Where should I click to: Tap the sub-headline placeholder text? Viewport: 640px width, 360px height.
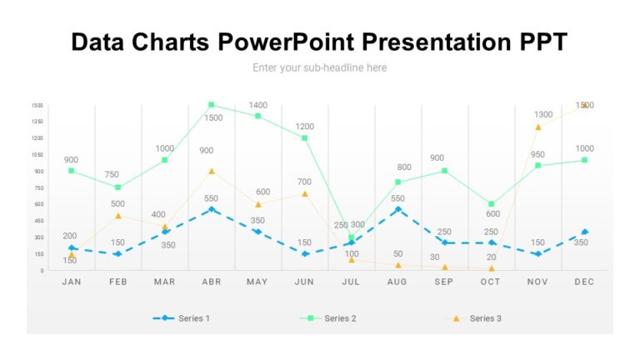tap(320, 67)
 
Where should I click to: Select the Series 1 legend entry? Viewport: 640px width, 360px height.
tap(182, 318)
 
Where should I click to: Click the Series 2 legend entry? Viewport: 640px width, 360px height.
tap(328, 318)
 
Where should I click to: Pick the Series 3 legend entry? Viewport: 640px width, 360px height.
tap(474, 318)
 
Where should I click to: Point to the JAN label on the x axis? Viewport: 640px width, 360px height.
tap(72, 282)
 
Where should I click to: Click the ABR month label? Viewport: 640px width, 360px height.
tap(212, 282)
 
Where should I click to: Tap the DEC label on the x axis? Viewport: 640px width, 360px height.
tap(585, 282)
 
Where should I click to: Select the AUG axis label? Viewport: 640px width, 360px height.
tap(397, 282)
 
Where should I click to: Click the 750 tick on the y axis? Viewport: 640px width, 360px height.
tap(37, 187)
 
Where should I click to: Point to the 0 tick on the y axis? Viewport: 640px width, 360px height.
tap(40, 271)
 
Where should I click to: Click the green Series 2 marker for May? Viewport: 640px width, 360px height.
tap(258, 116)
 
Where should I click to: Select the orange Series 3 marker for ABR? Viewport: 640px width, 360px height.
tap(212, 171)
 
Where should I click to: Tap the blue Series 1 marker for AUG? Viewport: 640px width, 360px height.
tap(398, 209)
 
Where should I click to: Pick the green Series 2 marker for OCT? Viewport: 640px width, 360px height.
tap(492, 204)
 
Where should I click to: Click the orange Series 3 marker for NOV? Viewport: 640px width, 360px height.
tap(538, 127)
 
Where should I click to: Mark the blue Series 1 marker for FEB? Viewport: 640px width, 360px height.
tap(118, 254)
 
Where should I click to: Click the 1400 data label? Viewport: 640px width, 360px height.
tap(258, 105)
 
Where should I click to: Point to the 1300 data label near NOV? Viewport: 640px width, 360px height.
tap(543, 115)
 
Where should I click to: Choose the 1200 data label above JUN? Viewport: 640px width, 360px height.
tap(305, 127)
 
